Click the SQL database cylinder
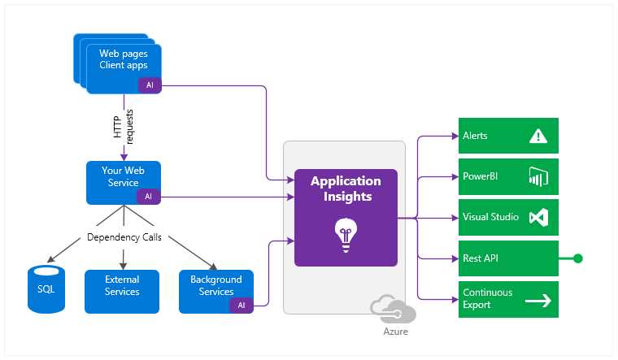click(x=46, y=289)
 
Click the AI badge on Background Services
click(x=242, y=306)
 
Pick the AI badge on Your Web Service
click(x=148, y=197)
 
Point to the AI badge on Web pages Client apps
click(x=149, y=85)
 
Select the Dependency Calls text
click(x=123, y=238)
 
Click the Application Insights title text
click(x=346, y=189)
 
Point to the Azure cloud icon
click(x=392, y=310)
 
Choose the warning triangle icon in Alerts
click(x=537, y=136)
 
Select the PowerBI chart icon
click(x=538, y=177)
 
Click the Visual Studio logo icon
click(x=538, y=218)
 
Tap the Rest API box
click(x=508, y=258)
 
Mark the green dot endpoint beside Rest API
click(x=578, y=258)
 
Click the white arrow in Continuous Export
click(x=537, y=300)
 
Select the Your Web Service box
click(x=123, y=182)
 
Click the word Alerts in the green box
click(x=475, y=136)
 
